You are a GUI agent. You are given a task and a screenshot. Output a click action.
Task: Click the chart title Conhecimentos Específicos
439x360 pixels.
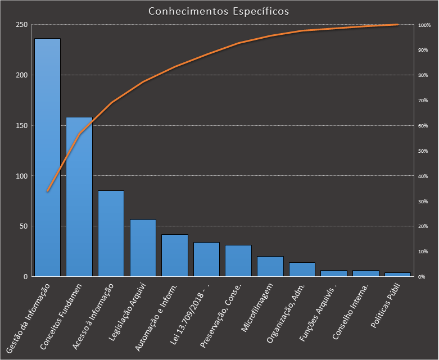pos(219,11)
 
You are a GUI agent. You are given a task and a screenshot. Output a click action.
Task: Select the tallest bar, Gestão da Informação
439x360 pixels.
pos(47,157)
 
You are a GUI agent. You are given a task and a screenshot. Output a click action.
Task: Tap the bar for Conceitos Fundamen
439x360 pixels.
pos(79,197)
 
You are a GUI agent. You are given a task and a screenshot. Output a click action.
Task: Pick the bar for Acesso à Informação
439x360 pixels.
pos(111,234)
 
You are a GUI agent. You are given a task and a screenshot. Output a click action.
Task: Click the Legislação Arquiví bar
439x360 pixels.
pos(143,248)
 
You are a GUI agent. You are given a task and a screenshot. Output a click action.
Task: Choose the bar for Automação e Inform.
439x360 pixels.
pos(175,256)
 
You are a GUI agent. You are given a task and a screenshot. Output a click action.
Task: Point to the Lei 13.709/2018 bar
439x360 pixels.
pos(206,259)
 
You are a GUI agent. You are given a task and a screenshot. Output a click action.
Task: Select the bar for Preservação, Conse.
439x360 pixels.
pos(238,261)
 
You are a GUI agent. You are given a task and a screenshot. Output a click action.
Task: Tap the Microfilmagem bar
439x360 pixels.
pos(270,266)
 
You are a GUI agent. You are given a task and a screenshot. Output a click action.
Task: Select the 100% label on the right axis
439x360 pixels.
pos(424,25)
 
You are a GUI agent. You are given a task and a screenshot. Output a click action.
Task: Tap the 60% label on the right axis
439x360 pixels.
pos(423,126)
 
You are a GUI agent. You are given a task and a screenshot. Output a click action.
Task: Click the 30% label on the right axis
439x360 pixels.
pos(423,201)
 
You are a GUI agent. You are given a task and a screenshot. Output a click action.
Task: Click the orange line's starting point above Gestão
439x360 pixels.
pos(47,191)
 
